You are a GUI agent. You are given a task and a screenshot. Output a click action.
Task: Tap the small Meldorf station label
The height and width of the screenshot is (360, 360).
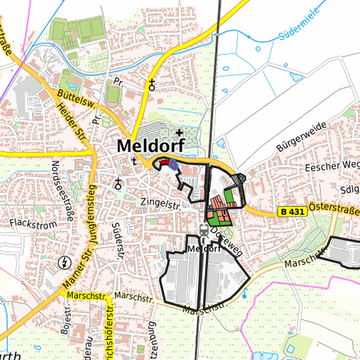coord(204,249)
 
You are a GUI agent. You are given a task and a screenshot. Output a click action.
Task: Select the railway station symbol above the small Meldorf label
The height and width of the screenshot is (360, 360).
coord(204,231)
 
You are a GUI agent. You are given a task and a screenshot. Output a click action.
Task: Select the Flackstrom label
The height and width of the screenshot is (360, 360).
coord(33,225)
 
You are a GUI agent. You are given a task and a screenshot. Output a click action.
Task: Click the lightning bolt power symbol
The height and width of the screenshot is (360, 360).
coord(65,261)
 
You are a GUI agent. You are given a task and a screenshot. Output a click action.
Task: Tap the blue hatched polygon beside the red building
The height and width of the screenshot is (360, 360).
coord(173,165)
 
